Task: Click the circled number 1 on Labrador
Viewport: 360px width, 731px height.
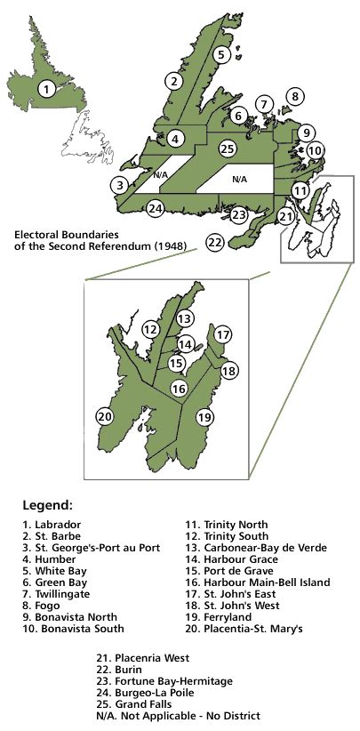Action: click(46, 89)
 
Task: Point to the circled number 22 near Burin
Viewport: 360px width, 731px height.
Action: click(214, 241)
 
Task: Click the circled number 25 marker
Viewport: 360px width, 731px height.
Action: click(228, 149)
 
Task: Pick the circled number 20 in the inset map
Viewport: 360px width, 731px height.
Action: click(106, 415)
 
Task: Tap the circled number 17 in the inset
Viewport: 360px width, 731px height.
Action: click(223, 335)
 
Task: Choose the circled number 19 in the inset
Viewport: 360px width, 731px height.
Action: click(205, 416)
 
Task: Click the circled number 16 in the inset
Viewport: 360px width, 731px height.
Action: click(179, 388)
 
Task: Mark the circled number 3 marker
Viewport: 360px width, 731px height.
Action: click(118, 185)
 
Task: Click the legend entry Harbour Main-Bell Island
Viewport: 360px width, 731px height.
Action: click(246, 582)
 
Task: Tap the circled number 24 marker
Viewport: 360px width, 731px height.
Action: click(156, 209)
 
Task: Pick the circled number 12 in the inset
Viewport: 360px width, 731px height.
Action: click(151, 330)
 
